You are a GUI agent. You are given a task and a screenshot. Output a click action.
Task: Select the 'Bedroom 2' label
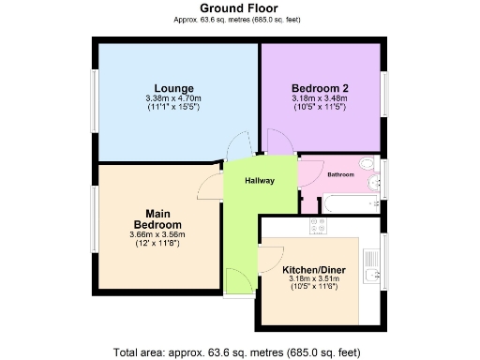coord(320,87)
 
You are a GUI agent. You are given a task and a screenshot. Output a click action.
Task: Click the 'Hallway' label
coord(260,181)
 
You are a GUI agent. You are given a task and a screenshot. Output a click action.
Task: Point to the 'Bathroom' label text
coord(340,175)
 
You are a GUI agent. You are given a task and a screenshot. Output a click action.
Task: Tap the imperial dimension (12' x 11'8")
coord(157,244)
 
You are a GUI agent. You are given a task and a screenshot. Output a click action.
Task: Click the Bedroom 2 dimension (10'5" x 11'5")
coord(320,107)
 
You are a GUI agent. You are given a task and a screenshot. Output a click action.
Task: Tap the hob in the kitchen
coord(316,226)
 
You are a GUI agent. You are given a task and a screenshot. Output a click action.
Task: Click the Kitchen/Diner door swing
coord(273,257)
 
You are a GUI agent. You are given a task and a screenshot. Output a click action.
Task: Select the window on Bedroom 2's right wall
coord(384,95)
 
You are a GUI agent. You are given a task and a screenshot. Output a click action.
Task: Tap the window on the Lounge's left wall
coord(93,96)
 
